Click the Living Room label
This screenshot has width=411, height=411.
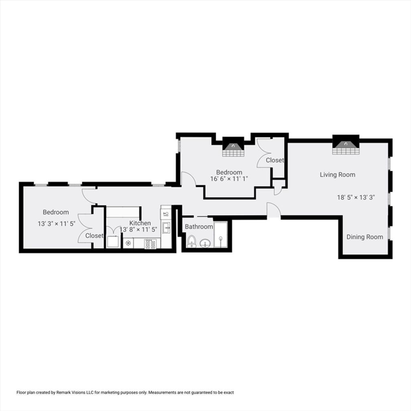(x=337, y=175)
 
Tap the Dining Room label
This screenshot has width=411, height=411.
(x=364, y=237)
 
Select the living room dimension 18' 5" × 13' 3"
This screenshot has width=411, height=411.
(x=356, y=197)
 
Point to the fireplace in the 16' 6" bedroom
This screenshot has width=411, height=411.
(x=233, y=147)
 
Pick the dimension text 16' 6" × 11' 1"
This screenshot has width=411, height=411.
(x=229, y=179)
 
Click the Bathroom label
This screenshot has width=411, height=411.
(x=199, y=226)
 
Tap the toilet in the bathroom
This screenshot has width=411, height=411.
(x=191, y=241)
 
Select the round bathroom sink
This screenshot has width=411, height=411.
(x=205, y=244)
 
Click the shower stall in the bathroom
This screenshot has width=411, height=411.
(x=220, y=235)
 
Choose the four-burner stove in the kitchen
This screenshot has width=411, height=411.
(x=150, y=244)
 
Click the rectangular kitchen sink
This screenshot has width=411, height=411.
(x=166, y=228)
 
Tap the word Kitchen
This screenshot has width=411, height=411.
(x=140, y=223)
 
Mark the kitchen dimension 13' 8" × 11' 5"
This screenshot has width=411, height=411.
(x=138, y=230)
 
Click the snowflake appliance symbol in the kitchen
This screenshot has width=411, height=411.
(x=128, y=243)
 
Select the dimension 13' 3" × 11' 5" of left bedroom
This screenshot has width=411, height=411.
(x=56, y=224)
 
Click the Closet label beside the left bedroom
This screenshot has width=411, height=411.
(x=94, y=236)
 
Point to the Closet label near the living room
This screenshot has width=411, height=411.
(x=275, y=160)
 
